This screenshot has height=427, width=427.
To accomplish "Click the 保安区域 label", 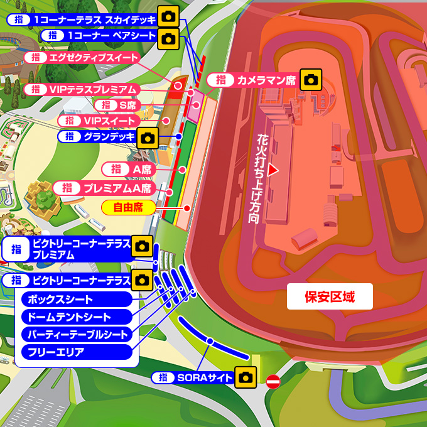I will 330,297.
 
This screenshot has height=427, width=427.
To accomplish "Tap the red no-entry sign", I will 273,381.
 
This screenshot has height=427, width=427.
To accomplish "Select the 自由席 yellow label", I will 129,207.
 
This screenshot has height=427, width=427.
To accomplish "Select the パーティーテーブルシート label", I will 77,335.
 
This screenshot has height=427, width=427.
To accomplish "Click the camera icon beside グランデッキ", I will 148,138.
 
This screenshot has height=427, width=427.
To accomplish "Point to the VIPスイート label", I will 107,121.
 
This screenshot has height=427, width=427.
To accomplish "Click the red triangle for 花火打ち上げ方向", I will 273,170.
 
